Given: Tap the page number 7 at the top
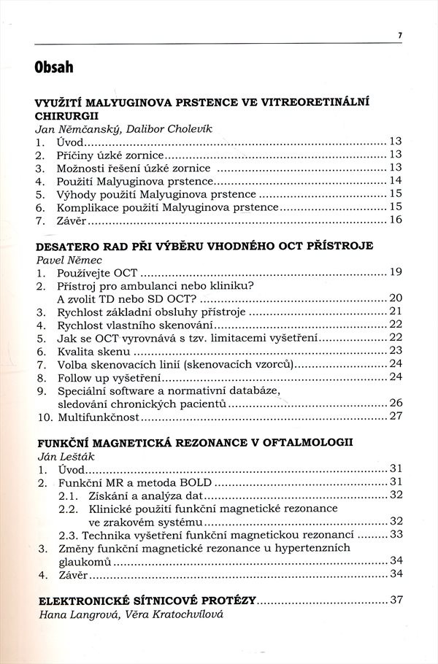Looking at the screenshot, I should point(400,34).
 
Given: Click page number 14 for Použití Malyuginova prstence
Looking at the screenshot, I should point(396,181).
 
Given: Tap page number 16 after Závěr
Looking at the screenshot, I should point(396,220).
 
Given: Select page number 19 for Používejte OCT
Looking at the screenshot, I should point(396,272).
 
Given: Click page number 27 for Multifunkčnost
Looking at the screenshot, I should point(396,417).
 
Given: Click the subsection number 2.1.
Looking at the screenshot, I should point(69,495).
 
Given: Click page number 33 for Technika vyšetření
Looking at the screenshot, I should point(396,534).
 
